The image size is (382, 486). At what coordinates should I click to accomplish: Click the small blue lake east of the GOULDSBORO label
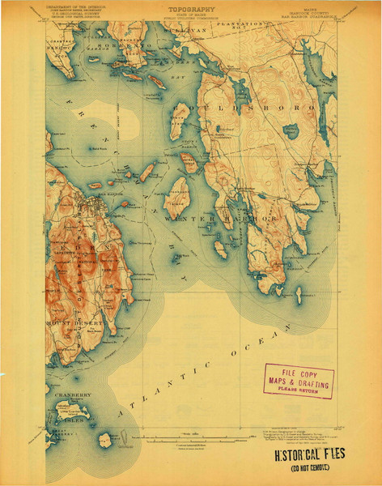click(x=290, y=130)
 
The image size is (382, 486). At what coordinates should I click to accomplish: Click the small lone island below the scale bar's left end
click(x=104, y=441)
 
